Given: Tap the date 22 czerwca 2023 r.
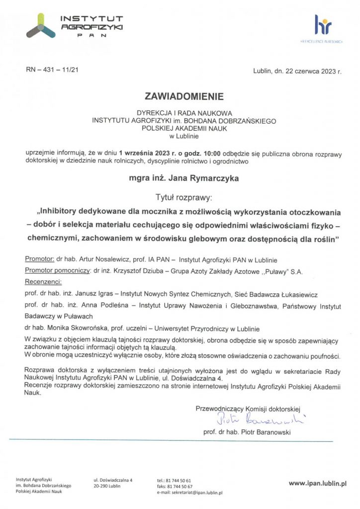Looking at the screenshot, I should [x=309, y=72].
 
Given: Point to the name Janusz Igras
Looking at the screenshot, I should [x=97, y=294].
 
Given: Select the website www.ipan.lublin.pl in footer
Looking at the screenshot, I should [x=318, y=482].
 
